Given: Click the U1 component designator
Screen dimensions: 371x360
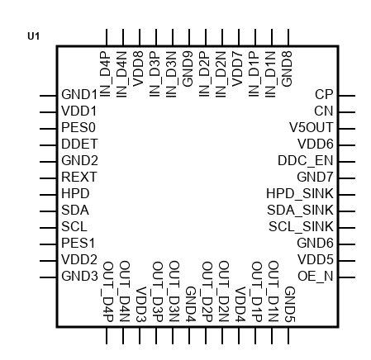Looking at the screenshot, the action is tap(33, 36).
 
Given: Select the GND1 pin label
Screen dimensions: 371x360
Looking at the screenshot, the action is tap(79, 94).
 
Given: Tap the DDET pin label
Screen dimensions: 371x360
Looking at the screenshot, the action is tap(79, 144).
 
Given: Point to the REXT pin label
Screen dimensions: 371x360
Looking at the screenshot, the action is tap(79, 177).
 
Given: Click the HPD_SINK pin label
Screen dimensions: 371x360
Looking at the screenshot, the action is tap(300, 193).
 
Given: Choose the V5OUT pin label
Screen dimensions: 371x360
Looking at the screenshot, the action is tap(312, 127).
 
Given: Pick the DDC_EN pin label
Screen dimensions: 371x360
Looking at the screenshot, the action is tap(306, 161).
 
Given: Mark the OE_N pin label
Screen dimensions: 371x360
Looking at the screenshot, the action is tap(316, 276).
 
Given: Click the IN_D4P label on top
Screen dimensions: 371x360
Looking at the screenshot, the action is tap(106, 74).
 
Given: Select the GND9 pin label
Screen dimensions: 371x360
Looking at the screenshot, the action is tap(188, 69).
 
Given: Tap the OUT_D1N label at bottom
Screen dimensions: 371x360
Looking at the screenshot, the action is tap(273, 291).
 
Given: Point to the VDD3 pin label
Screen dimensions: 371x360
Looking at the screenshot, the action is tap(140, 304).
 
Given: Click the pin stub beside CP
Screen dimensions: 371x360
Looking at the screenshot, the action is tap(346, 96).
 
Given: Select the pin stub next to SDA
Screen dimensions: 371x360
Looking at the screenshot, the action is tap(48, 211).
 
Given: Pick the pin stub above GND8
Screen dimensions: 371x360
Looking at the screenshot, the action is tap(288, 37).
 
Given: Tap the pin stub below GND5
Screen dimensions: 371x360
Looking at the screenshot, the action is tap(288, 335).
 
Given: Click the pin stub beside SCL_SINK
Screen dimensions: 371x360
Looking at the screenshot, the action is tap(346, 228).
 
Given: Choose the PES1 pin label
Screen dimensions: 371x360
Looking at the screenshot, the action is tap(78, 243).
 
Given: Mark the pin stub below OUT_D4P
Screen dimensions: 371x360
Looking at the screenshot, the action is tap(107, 335).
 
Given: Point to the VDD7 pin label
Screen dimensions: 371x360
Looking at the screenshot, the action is tap(238, 69).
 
